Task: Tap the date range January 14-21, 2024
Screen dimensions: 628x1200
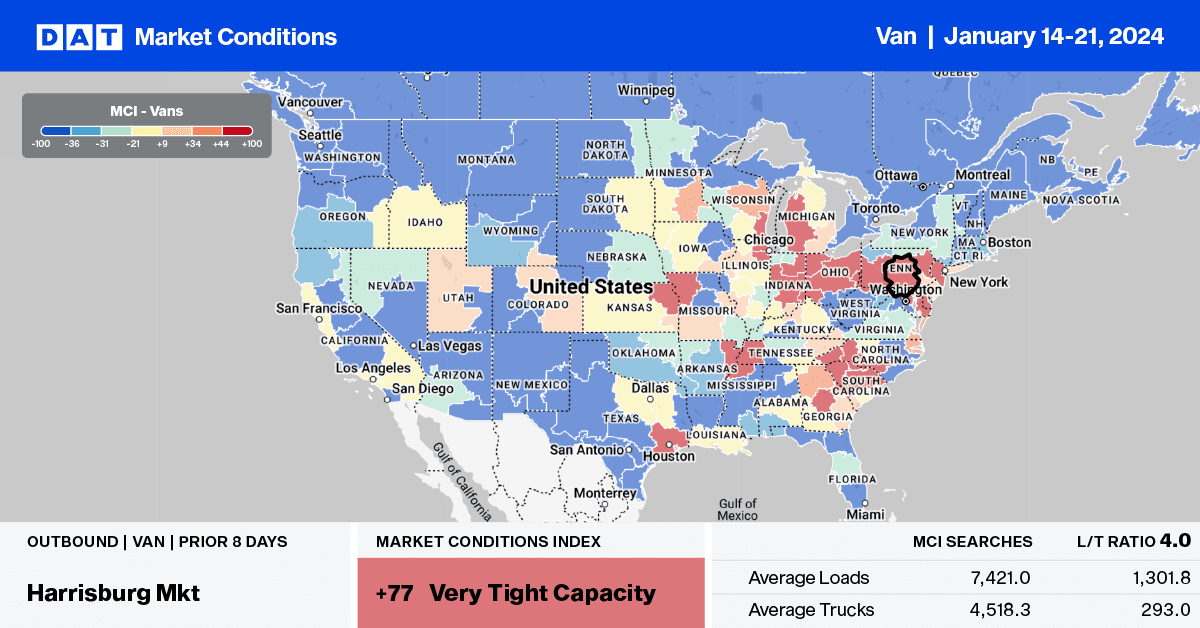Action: pos(1054,37)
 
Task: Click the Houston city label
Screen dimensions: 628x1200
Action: pos(669,456)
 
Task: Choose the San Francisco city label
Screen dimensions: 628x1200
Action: pos(319,309)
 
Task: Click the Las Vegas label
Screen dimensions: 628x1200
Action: pos(449,345)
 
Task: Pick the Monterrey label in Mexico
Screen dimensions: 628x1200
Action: pos(603,493)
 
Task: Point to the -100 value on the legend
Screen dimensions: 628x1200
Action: pos(41,144)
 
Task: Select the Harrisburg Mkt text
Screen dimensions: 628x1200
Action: pos(114,592)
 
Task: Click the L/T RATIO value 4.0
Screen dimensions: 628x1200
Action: pos(1175,541)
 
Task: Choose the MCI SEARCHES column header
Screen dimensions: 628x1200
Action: pos(972,542)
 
